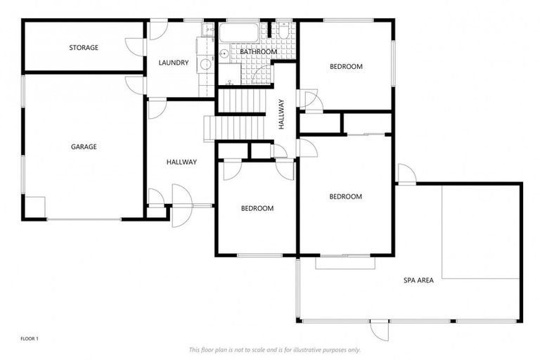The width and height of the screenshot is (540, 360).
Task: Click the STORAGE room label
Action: tap(84, 48)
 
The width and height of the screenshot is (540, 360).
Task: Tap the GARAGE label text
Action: tap(84, 147)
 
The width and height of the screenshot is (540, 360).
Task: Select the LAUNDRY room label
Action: tap(173, 63)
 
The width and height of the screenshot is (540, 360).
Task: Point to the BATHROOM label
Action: tap(258, 52)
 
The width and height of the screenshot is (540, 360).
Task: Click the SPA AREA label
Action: tap(418, 280)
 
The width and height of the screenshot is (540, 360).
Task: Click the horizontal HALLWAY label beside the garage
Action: tap(181, 162)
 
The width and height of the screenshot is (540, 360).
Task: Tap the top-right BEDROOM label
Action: tap(346, 67)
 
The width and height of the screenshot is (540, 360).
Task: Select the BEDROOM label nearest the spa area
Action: tap(345, 197)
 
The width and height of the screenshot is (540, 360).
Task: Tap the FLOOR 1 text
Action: tap(30, 339)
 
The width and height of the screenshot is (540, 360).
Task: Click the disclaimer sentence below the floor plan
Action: tap(274, 349)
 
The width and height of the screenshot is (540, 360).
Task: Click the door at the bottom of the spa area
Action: tap(380, 330)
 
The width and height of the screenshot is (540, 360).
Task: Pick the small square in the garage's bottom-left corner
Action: tap(35, 207)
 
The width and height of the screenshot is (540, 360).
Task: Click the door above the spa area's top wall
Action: tap(406, 173)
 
